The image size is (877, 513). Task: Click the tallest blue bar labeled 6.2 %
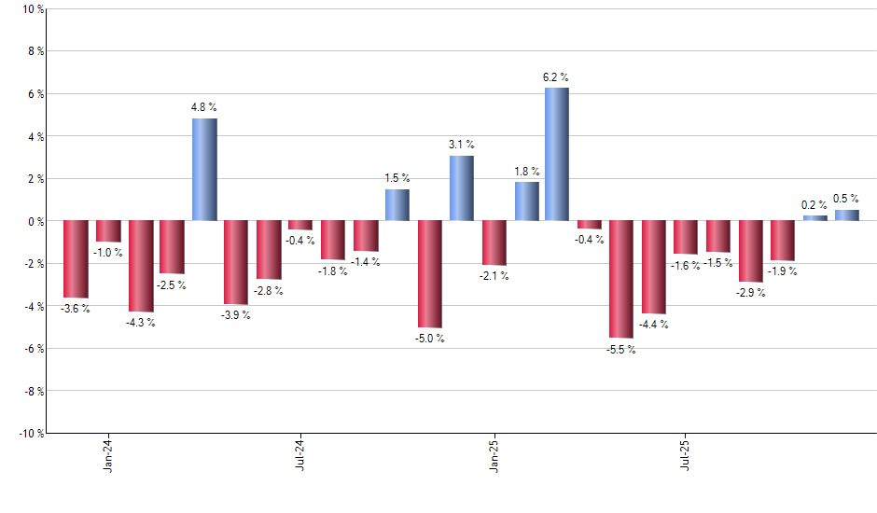tap(557, 154)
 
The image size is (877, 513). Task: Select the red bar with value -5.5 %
tap(621, 279)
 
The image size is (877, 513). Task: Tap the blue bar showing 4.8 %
tap(204, 169)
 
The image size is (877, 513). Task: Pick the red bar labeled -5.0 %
tap(429, 274)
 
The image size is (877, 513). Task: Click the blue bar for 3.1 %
tap(461, 187)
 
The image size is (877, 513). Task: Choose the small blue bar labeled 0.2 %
tap(814, 218)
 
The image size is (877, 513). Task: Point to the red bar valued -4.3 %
tap(141, 266)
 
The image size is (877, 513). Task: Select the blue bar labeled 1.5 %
tap(397, 204)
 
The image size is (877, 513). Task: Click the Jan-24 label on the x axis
tap(108, 453)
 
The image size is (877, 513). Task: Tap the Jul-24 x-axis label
tap(300, 453)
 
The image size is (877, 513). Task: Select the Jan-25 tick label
tap(494, 453)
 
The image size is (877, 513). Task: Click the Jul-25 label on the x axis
tap(686, 453)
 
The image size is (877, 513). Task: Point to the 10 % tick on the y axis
tap(32, 9)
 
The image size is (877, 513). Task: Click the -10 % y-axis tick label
tap(30, 433)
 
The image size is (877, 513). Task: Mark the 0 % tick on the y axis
tap(35, 221)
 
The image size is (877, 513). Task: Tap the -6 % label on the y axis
tap(33, 348)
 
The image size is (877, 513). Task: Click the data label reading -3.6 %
tap(76, 308)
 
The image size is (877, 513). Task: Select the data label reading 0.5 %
tap(846, 199)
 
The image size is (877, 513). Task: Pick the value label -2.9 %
tap(750, 293)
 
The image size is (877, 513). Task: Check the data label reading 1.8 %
tap(527, 171)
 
